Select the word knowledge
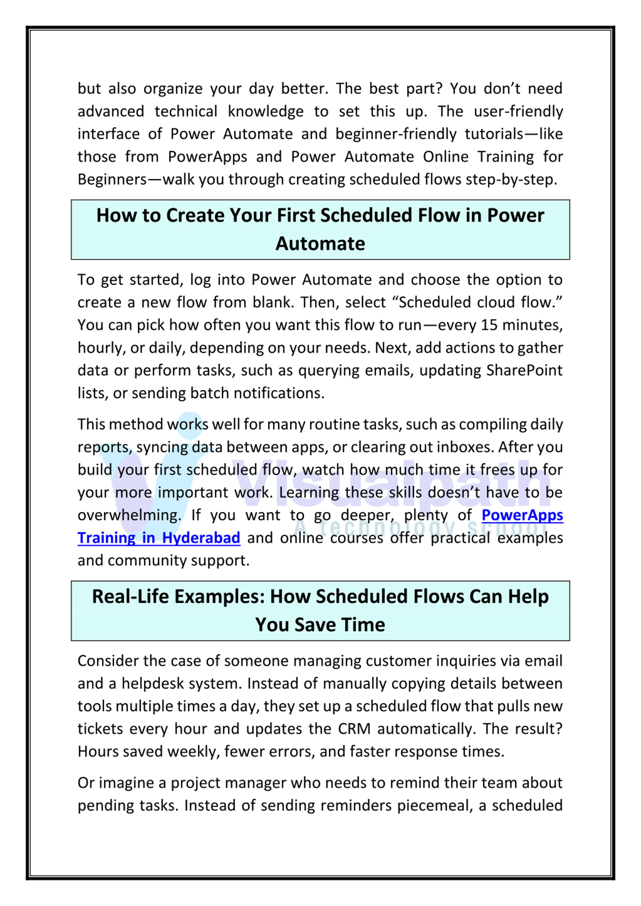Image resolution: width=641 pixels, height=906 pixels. (265, 112)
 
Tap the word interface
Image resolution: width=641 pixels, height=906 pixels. (108, 134)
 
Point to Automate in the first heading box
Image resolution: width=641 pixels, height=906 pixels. (320, 243)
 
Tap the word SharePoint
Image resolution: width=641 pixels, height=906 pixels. (524, 371)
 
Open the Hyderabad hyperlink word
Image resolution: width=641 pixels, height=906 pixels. (201, 538)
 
